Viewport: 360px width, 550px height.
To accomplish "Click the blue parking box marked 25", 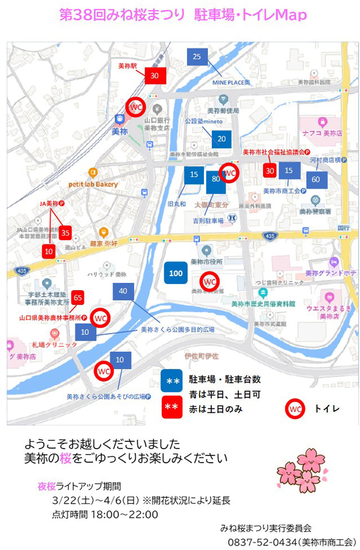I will pos(197,57).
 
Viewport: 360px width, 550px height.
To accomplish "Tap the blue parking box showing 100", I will pos(176,273).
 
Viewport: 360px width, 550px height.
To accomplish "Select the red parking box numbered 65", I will pos(78,298).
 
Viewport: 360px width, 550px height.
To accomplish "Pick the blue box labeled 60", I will pos(316,180).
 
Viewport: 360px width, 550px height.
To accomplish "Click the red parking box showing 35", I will pos(65,233).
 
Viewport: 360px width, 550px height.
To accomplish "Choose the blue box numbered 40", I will pos(123,291).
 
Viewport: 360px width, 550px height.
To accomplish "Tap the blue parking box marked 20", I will pos(222,139).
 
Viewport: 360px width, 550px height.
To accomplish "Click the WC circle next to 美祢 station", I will pos(136,107).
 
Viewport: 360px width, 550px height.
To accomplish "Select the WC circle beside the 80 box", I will pos(230,173).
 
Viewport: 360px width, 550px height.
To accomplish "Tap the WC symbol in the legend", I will pos(295,409).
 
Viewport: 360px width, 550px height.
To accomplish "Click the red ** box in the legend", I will pos(172,407).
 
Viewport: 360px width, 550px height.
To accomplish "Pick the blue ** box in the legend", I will pos(172,381).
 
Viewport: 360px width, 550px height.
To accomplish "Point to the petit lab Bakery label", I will pos(93,184).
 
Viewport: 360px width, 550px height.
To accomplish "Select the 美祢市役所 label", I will pos(206,262).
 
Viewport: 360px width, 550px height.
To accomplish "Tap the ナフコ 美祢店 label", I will pos(322,133).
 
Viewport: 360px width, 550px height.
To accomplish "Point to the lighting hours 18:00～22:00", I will pos(124,514).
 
